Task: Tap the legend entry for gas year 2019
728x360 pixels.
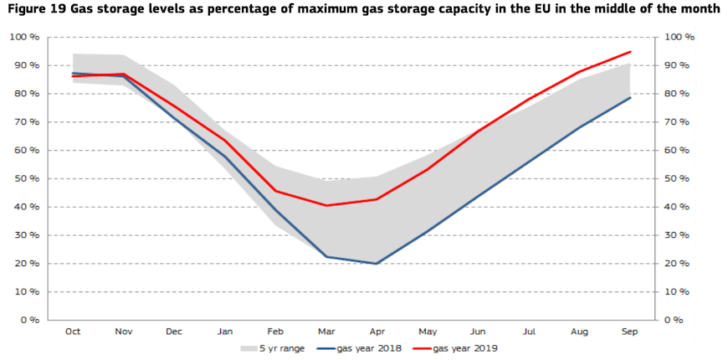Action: [x=464, y=347]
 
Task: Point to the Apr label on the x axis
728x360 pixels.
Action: [x=377, y=332]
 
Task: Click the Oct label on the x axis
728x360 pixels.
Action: [x=73, y=332]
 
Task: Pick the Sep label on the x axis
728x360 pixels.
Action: [x=630, y=332]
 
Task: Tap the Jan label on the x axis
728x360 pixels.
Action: [x=225, y=332]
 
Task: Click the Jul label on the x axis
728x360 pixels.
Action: [x=529, y=332]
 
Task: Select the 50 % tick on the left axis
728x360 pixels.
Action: [x=26, y=178]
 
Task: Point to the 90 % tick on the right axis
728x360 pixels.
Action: [x=678, y=65]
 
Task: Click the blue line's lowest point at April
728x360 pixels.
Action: [x=377, y=264]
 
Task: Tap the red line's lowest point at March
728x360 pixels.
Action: [x=326, y=205]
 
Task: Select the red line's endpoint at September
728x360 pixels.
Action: [x=630, y=52]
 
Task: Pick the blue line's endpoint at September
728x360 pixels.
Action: [x=630, y=97]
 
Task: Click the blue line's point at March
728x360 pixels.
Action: [x=326, y=257]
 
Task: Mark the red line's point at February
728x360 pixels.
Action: [x=275, y=191]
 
